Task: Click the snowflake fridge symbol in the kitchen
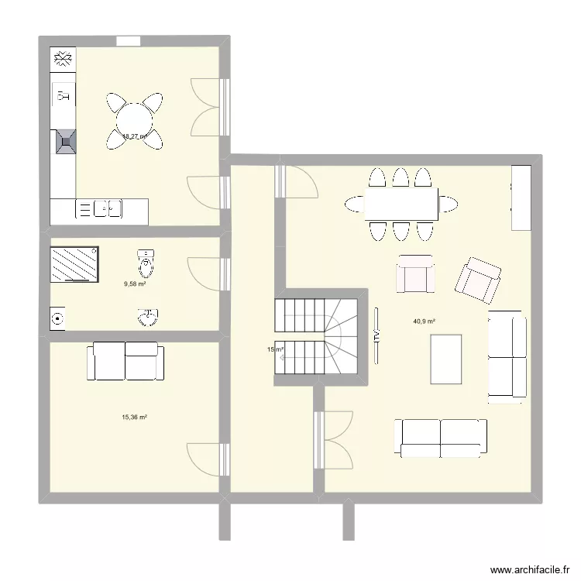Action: tap(63, 58)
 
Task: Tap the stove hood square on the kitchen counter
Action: tap(64, 140)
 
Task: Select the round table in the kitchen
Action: tap(135, 120)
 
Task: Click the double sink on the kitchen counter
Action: tap(108, 208)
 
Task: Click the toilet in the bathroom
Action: tap(146, 263)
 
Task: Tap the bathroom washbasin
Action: tap(147, 317)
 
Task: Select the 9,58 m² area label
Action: tap(135, 284)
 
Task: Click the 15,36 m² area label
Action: tap(134, 417)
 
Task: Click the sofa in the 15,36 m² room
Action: tap(125, 361)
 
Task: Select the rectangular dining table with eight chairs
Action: tap(401, 205)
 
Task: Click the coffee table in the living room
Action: tap(446, 359)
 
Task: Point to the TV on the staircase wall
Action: tap(376, 335)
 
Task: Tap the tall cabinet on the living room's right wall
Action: tap(521, 198)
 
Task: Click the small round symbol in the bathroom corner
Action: tap(57, 318)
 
